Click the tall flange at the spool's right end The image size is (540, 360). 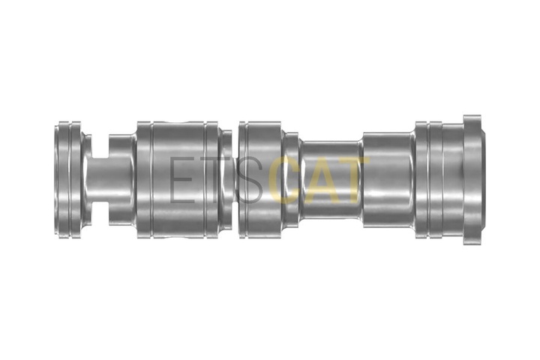tap(472, 180)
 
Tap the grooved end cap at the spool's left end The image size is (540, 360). tap(69, 180)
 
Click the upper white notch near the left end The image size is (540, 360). tap(100, 146)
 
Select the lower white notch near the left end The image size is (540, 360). tap(100, 214)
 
